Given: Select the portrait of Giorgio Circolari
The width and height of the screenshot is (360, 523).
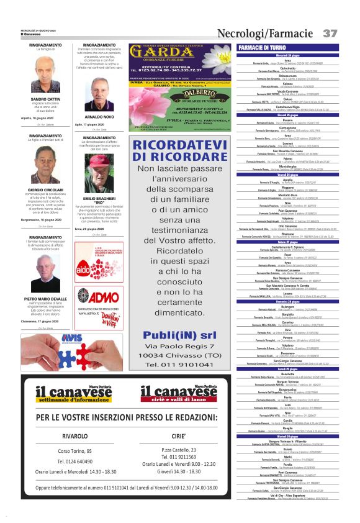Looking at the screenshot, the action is (x=45, y=165).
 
